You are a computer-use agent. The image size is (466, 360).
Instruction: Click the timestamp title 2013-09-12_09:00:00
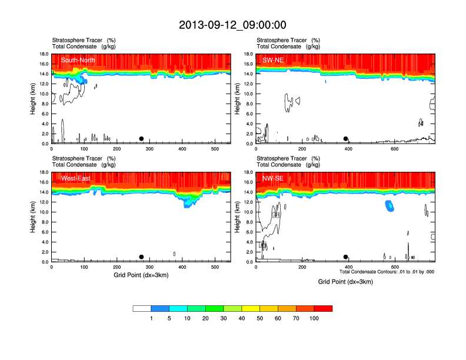[232, 25]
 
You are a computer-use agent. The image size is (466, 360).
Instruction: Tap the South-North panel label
[78, 60]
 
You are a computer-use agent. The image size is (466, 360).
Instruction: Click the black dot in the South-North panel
[141, 139]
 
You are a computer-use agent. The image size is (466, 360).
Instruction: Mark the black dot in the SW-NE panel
[345, 139]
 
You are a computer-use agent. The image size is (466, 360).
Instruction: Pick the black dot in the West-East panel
[141, 257]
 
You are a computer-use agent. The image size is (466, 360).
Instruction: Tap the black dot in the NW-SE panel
[345, 257]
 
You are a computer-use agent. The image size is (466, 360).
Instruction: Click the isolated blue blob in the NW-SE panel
[389, 206]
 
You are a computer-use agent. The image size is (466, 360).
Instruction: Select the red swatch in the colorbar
[323, 308]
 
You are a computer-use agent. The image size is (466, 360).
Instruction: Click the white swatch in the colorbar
[142, 308]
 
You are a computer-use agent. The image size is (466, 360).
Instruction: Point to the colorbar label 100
[314, 318]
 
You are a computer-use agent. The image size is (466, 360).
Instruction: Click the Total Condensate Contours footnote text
[387, 272]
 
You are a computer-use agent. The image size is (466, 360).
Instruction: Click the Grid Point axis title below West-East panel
[141, 275]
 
